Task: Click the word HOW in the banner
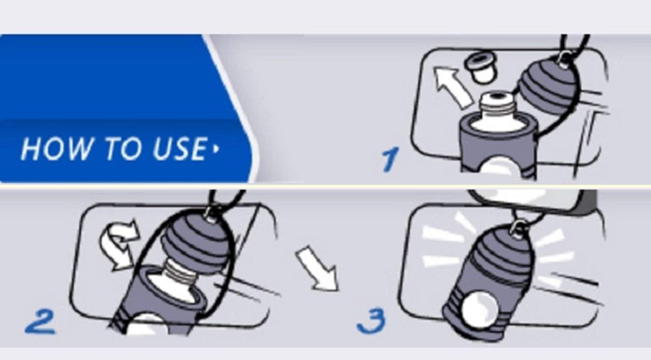56,149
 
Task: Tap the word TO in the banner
125,149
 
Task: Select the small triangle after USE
216,149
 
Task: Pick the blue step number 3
372,320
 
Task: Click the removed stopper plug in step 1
481,69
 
